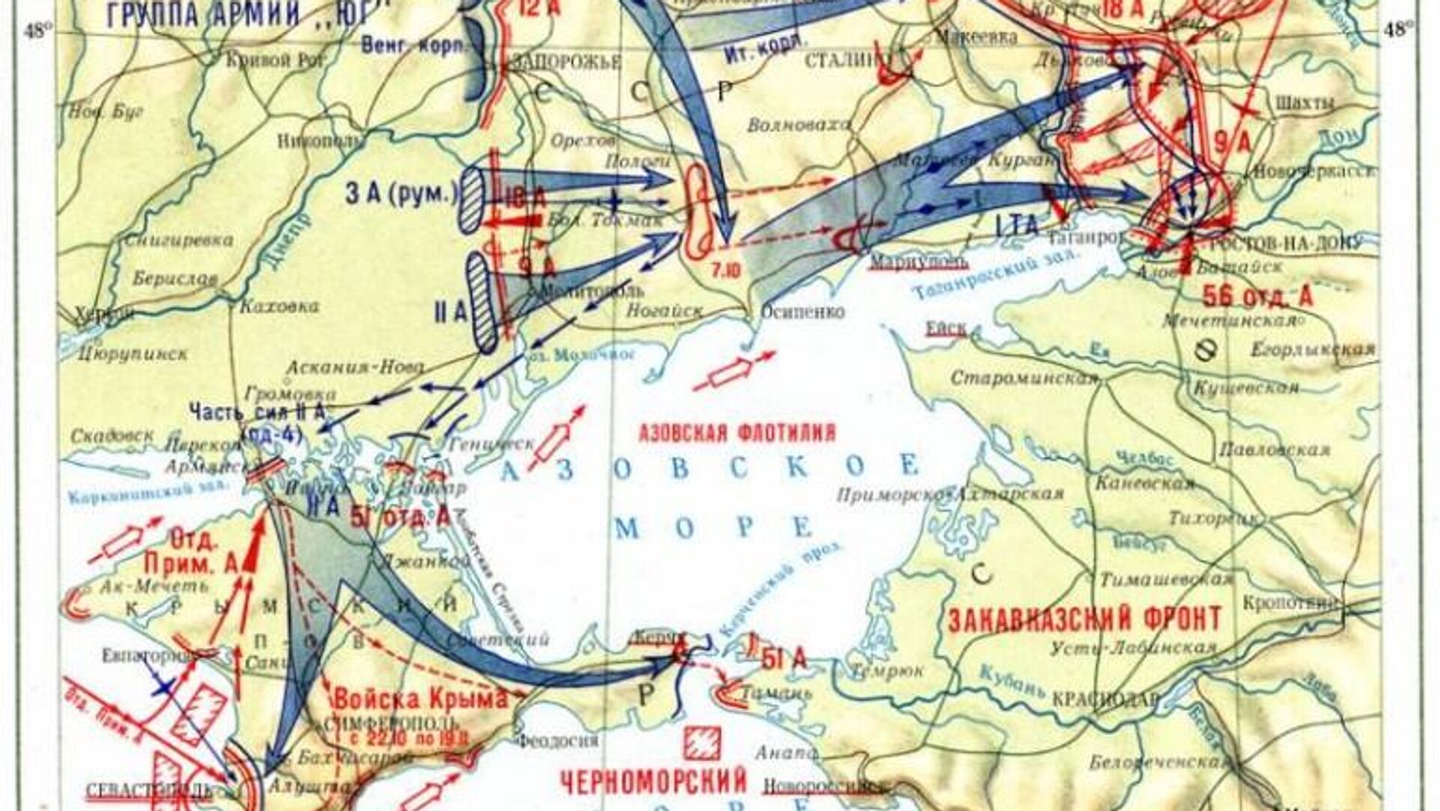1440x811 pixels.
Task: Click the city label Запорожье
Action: click(x=565, y=62)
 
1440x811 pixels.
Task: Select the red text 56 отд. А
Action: click(x=1258, y=297)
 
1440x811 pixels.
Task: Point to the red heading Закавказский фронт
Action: click(x=1084, y=620)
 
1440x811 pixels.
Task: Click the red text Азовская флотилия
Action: click(x=736, y=433)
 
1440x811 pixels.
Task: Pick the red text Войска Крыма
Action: click(x=420, y=698)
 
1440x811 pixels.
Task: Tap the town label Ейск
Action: click(x=946, y=329)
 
